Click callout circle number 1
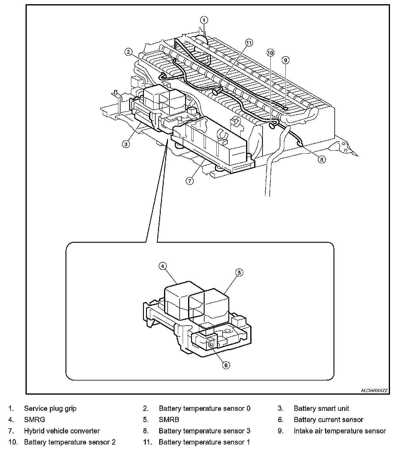(x=204, y=20)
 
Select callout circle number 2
(x=129, y=52)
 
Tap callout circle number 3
(x=126, y=144)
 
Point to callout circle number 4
(x=162, y=266)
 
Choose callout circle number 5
(x=239, y=273)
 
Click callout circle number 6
(x=226, y=365)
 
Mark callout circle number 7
(x=190, y=181)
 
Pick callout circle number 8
(x=322, y=159)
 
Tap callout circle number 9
(x=285, y=60)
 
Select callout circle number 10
(x=270, y=53)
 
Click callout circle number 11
(x=249, y=43)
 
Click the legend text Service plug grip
(x=50, y=408)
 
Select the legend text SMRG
(x=35, y=420)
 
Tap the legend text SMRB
(x=169, y=420)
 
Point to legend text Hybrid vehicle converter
(x=62, y=431)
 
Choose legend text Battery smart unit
(x=321, y=408)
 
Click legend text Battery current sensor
(x=328, y=420)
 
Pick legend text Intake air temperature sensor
(x=340, y=431)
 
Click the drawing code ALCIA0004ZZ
(x=374, y=391)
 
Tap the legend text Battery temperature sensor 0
(x=204, y=408)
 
